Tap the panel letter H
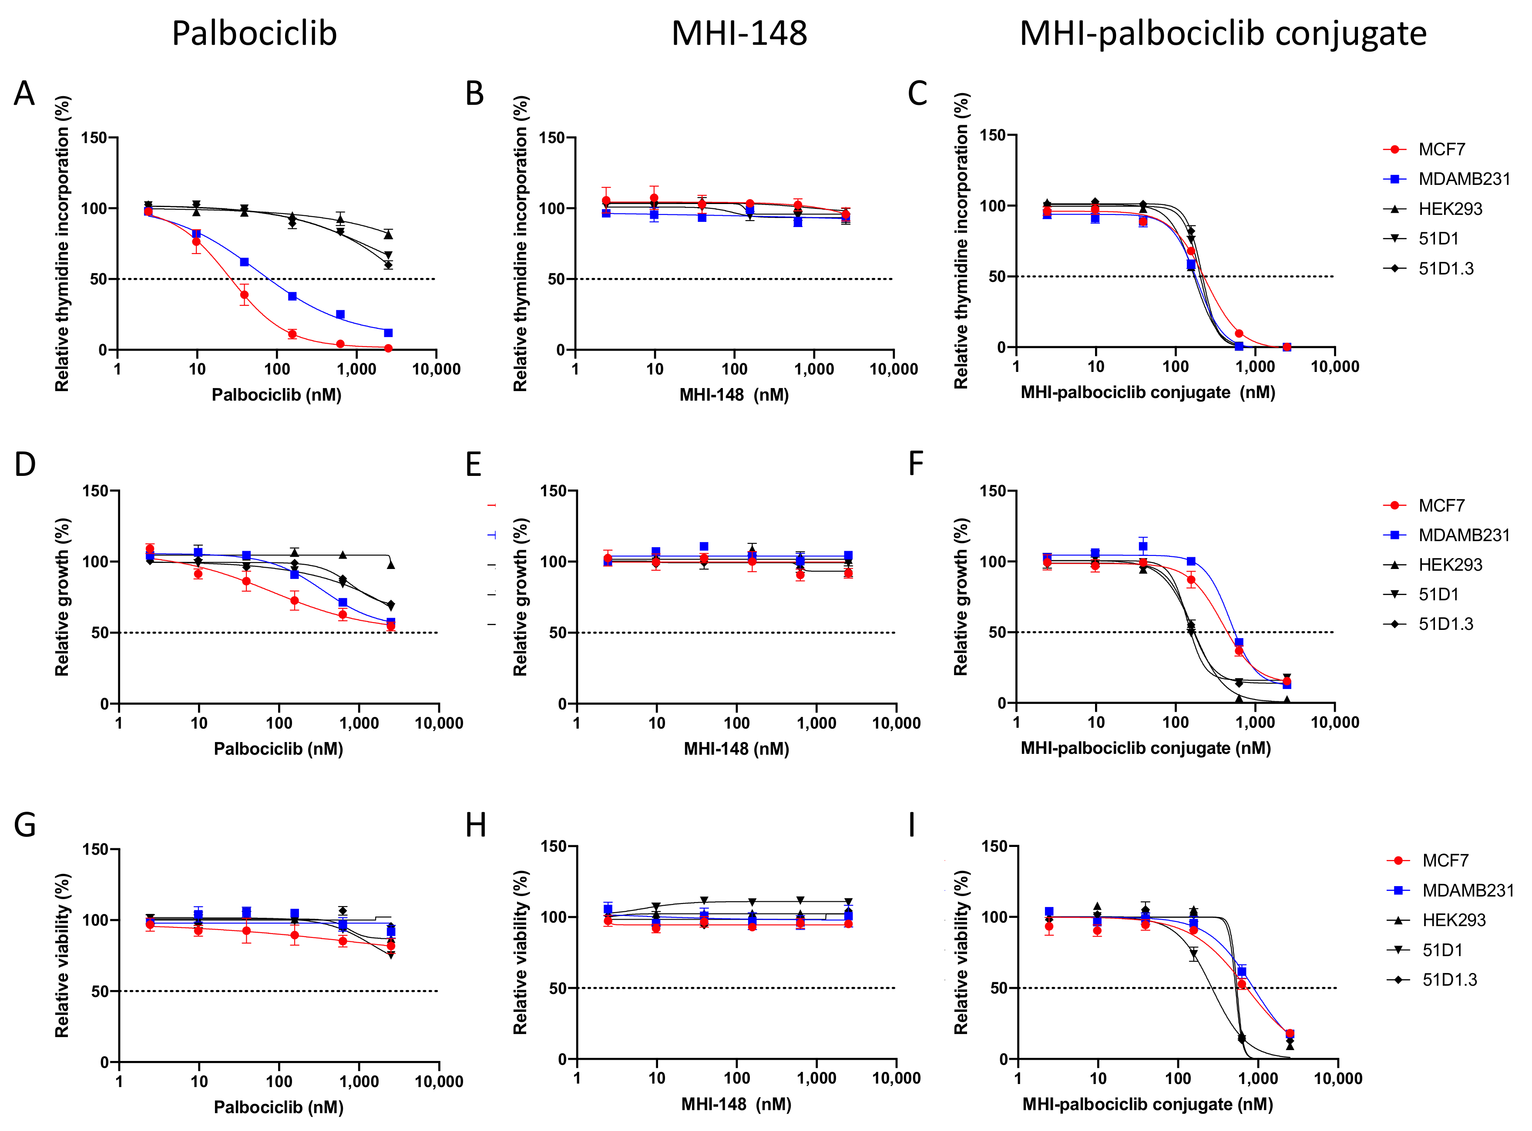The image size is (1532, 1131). click(x=475, y=826)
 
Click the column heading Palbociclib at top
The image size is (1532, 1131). click(x=254, y=33)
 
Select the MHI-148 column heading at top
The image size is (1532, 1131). click(x=739, y=33)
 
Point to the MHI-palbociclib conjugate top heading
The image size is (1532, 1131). click(x=1223, y=33)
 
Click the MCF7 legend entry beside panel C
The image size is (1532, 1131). click(x=1441, y=149)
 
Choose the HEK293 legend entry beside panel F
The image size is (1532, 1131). click(x=1450, y=565)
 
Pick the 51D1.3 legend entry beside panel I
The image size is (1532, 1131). click(x=1449, y=980)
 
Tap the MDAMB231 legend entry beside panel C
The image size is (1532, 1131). click(x=1464, y=179)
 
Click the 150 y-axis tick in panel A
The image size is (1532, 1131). click(x=94, y=137)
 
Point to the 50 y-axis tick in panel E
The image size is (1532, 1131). click(x=556, y=632)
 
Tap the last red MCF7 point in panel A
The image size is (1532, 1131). click(x=388, y=348)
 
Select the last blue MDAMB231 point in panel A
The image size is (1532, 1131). click(x=388, y=333)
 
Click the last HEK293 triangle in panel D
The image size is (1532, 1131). click(x=391, y=565)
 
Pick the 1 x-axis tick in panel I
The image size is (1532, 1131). click(x=1018, y=1079)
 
